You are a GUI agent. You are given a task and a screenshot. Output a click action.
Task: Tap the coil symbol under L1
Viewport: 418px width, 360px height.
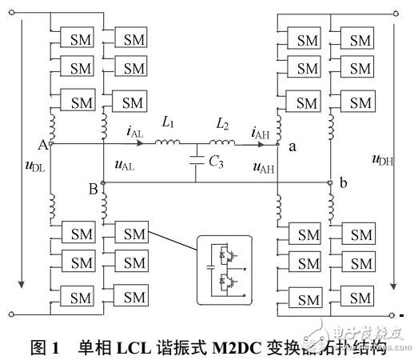pos(167,145)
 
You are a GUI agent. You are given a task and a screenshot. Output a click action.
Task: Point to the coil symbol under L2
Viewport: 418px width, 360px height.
pos(221,145)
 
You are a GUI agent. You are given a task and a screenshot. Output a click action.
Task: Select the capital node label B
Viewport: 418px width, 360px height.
pos(93,189)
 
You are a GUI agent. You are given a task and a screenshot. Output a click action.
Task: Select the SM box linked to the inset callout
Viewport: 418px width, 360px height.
pos(131,233)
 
